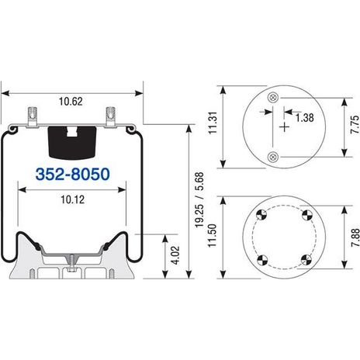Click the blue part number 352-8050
coord(73,174)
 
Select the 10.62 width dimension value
coord(71,102)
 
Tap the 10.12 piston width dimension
coord(73,199)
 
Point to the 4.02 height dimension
coord(176,255)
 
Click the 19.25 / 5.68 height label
coord(199,200)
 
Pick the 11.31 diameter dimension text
coord(213,123)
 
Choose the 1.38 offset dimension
coord(305,118)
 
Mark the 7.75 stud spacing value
coord(355,125)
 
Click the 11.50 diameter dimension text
coord(212,236)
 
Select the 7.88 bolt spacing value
coord(355,237)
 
